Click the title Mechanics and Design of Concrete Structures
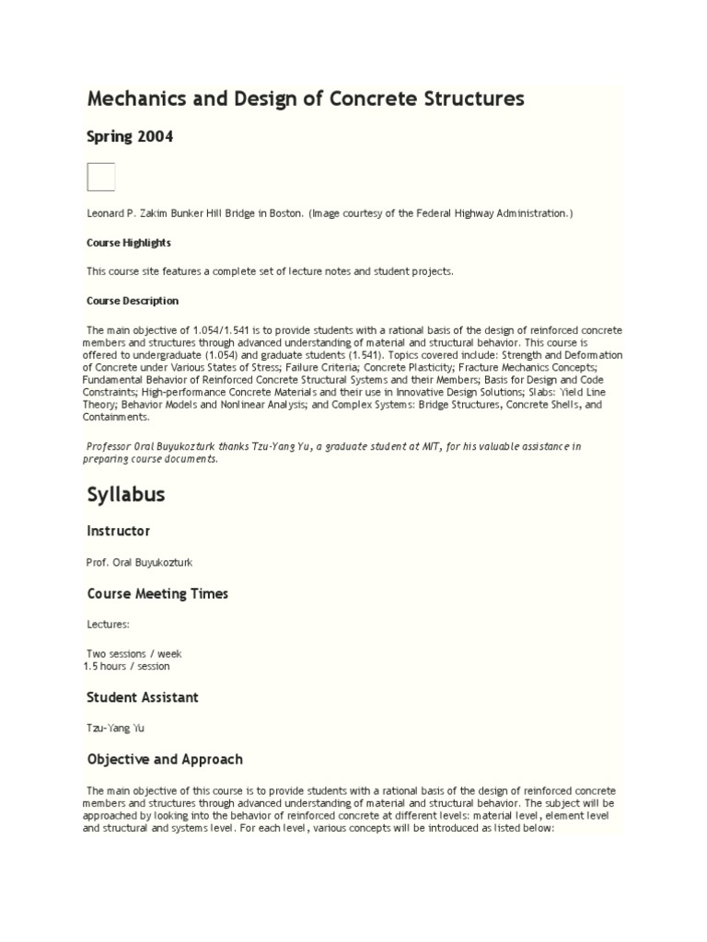click(305, 98)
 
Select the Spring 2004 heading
click(130, 137)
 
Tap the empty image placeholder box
click(100, 177)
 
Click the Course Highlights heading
click(129, 243)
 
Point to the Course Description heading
click(133, 301)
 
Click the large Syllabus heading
click(126, 495)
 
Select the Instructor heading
click(118, 532)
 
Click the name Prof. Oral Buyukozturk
click(140, 562)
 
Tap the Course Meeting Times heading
click(157, 594)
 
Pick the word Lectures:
click(109, 625)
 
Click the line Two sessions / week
click(134, 654)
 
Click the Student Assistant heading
click(143, 697)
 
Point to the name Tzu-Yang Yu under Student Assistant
click(115, 728)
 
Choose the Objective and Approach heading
click(165, 760)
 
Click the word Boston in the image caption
click(284, 213)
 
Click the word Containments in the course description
click(117, 417)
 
